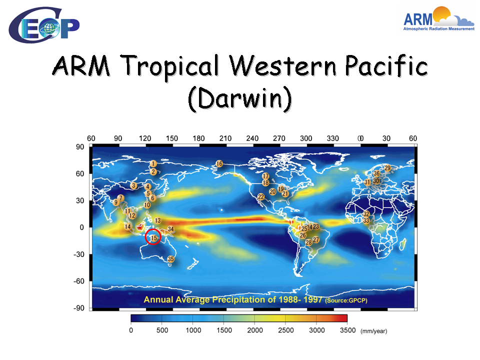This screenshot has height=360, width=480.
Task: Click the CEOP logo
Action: click(x=44, y=25)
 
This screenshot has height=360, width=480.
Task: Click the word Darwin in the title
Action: click(x=239, y=98)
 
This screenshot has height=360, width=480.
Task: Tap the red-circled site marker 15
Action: click(x=153, y=237)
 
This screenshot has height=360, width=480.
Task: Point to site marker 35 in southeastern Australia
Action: click(x=170, y=259)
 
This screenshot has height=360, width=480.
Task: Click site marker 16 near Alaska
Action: click(x=219, y=164)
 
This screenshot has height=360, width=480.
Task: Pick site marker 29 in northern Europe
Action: click(x=387, y=168)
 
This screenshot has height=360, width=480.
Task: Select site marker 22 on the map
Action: click(x=261, y=196)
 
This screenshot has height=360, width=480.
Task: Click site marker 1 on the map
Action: click(x=153, y=164)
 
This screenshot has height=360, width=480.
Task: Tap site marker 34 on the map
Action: click(x=170, y=229)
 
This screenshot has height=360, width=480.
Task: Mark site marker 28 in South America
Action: click(x=308, y=242)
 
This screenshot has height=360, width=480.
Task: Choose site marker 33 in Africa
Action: click(x=366, y=220)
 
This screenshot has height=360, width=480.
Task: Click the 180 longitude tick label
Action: click(x=198, y=138)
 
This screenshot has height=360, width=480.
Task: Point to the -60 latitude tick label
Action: click(x=78, y=281)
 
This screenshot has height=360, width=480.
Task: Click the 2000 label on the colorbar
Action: click(x=254, y=330)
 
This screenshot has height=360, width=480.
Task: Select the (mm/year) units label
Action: click(x=374, y=331)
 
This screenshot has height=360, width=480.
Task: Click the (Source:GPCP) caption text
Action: click(x=346, y=300)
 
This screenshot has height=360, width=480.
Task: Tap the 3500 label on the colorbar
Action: click(x=348, y=330)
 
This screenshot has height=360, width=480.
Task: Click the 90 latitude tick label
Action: click(x=80, y=147)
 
